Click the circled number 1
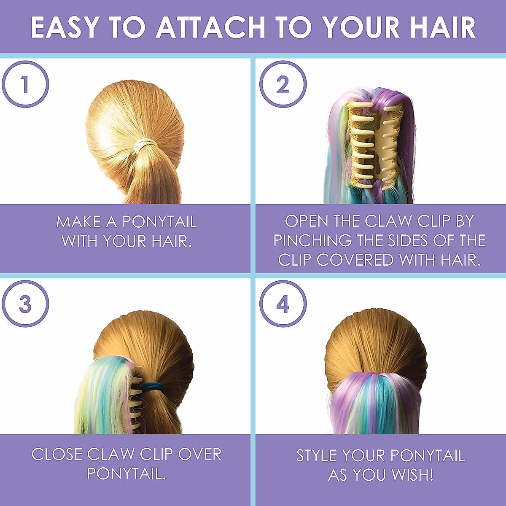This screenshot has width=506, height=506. (x=25, y=84)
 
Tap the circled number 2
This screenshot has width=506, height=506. (x=283, y=84)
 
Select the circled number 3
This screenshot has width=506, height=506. (x=25, y=304)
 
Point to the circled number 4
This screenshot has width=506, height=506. (x=283, y=304)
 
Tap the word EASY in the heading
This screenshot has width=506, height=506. (x=65, y=28)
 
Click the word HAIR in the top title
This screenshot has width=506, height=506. (x=443, y=28)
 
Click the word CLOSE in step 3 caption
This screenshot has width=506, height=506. (x=57, y=454)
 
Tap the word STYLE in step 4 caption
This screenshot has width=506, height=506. (x=316, y=455)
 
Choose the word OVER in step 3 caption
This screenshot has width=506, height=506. (x=200, y=454)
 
